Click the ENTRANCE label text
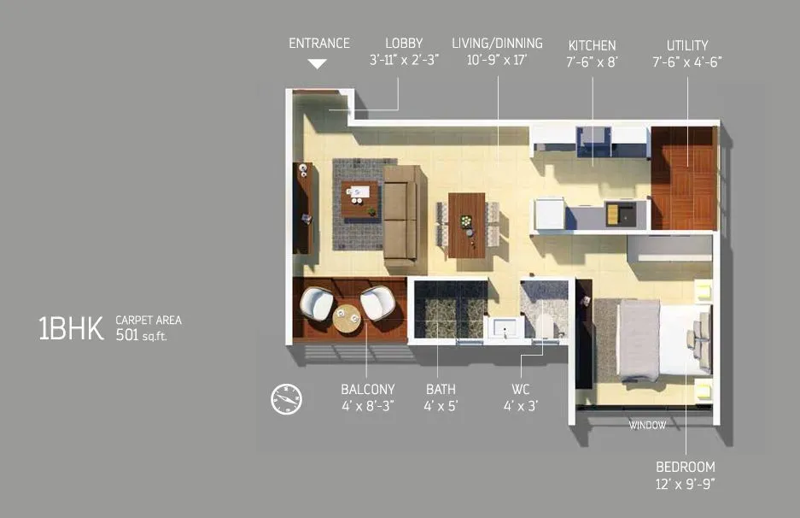(x=319, y=43)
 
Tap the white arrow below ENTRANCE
(x=318, y=63)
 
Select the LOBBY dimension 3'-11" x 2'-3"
(x=404, y=61)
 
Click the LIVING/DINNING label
(x=497, y=43)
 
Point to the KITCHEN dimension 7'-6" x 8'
(x=592, y=62)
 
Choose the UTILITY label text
(x=687, y=44)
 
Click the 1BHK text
(x=71, y=328)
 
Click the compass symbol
(x=286, y=399)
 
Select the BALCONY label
(x=367, y=389)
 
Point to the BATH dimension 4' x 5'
(x=441, y=406)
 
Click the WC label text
(x=520, y=389)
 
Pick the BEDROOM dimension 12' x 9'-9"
(x=685, y=485)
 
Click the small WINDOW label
(x=647, y=426)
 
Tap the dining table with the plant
(x=466, y=225)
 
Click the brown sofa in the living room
(x=403, y=213)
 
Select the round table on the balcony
(x=347, y=317)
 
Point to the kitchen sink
(x=618, y=213)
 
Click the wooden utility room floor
(x=682, y=178)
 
